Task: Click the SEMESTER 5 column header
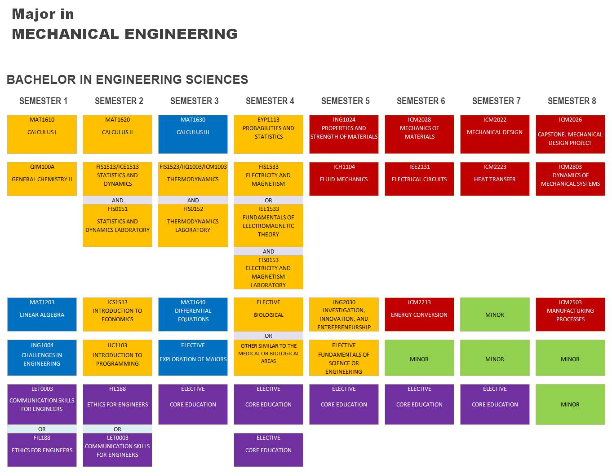pyautogui.click(x=345, y=100)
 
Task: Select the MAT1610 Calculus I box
pyautogui.click(x=42, y=134)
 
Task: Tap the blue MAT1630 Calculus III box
pyautogui.click(x=193, y=134)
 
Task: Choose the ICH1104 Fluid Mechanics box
pyautogui.click(x=344, y=179)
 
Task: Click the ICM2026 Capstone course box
pyautogui.click(x=570, y=134)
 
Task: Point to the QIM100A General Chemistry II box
pyautogui.click(x=42, y=179)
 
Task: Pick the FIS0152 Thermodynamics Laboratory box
pyautogui.click(x=193, y=226)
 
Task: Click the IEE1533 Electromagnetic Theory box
pyautogui.click(x=268, y=226)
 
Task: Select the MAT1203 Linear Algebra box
pyautogui.click(x=42, y=314)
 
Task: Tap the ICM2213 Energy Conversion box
pyautogui.click(x=419, y=314)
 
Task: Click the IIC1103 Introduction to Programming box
pyautogui.click(x=117, y=358)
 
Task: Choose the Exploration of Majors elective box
pyautogui.click(x=193, y=358)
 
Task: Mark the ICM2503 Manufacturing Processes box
pyautogui.click(x=570, y=314)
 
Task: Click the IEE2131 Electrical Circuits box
pyautogui.click(x=419, y=179)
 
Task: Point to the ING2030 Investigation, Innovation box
pyautogui.click(x=344, y=314)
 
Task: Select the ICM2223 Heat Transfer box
pyautogui.click(x=495, y=179)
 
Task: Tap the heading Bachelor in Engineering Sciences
pyautogui.click(x=127, y=79)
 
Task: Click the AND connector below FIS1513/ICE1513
pyautogui.click(x=117, y=200)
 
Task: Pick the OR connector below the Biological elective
pyautogui.click(x=268, y=336)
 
